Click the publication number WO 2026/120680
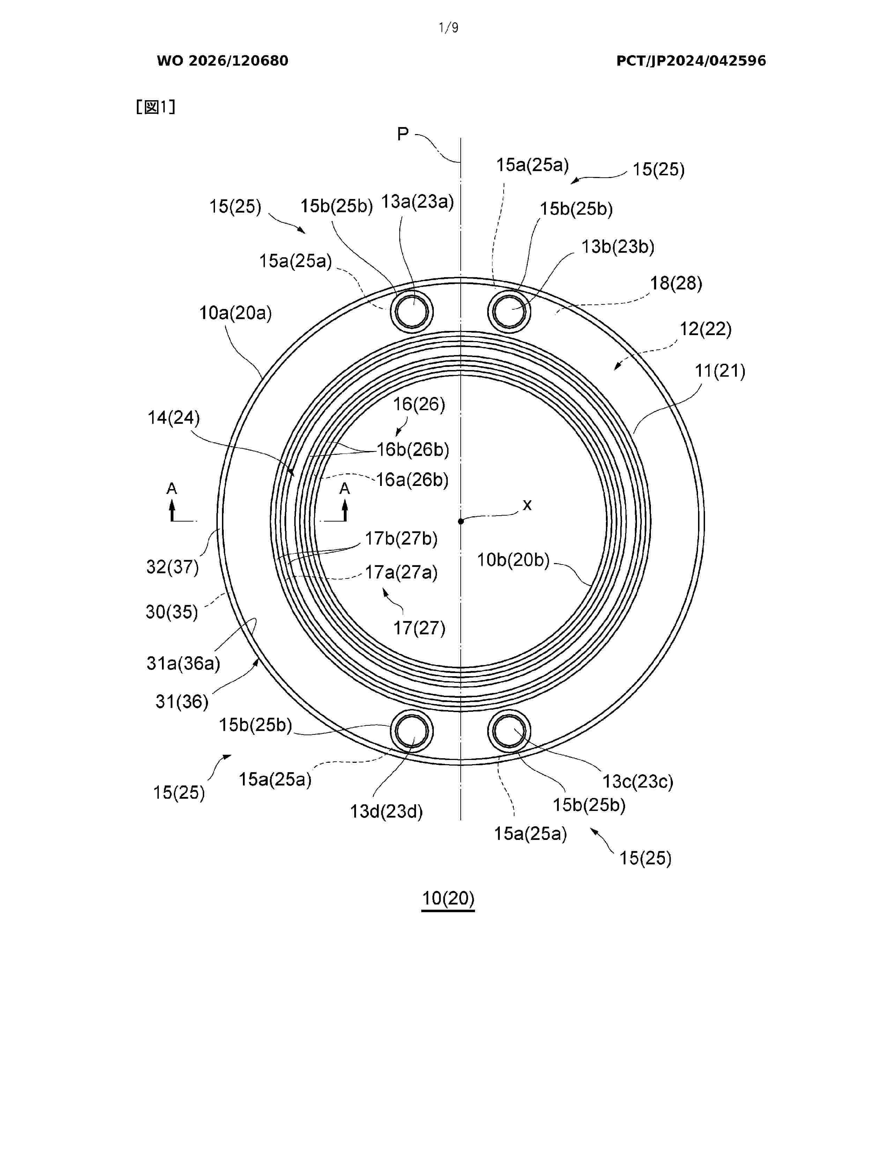click(x=223, y=61)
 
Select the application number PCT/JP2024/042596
click(x=691, y=61)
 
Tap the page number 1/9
click(x=449, y=28)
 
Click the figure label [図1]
click(x=156, y=107)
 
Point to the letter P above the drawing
click(x=403, y=134)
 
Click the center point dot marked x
click(x=461, y=521)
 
